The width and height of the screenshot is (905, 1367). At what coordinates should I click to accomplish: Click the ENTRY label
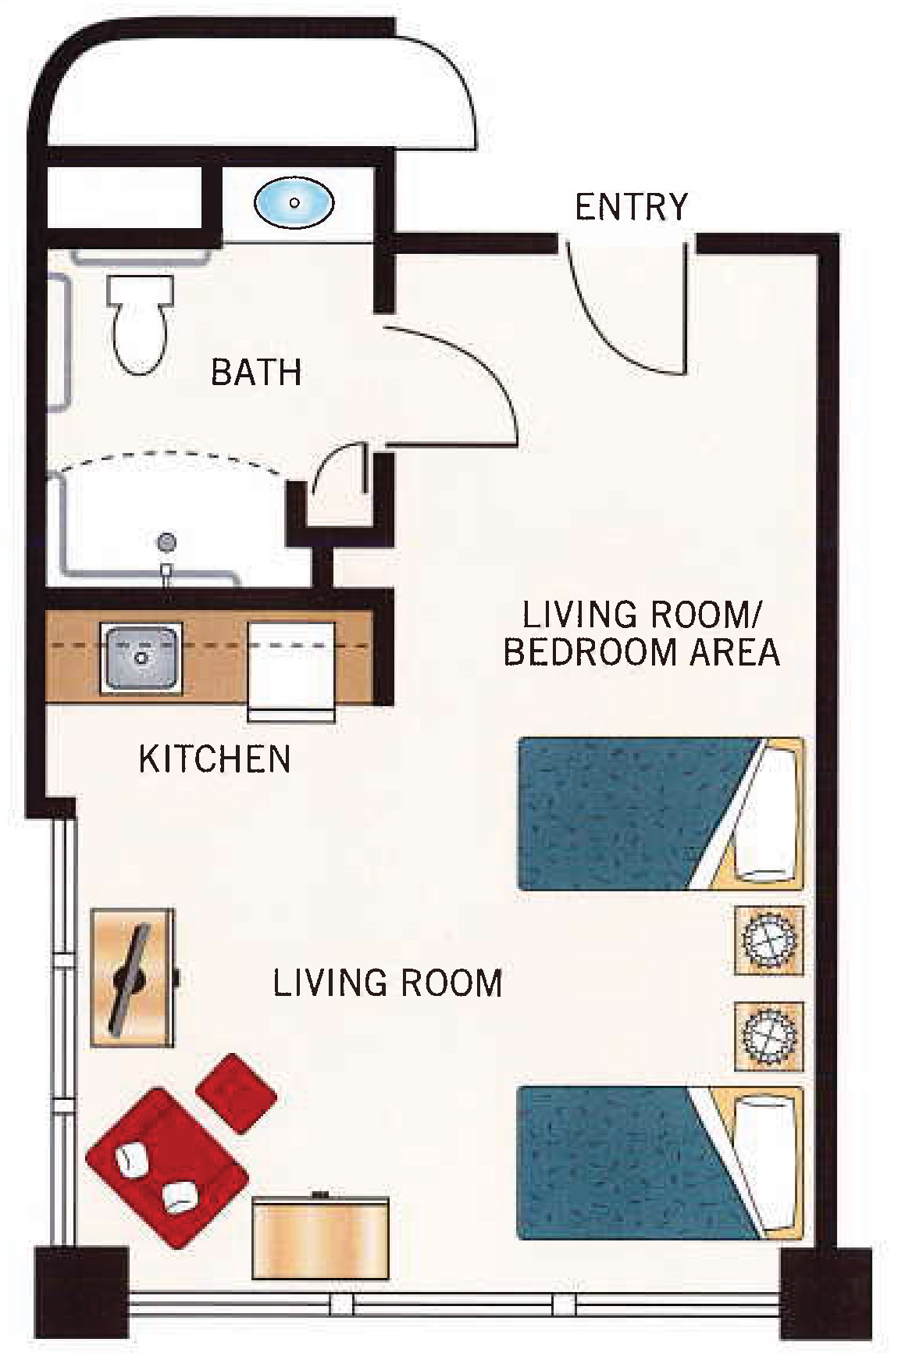click(x=631, y=207)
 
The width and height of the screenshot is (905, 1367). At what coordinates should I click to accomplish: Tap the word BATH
click(x=256, y=372)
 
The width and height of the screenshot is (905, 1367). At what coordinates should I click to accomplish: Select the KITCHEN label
click(x=215, y=759)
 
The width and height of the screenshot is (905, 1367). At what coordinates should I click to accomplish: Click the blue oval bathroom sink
click(x=294, y=202)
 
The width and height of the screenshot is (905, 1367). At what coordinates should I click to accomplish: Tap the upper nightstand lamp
click(x=770, y=941)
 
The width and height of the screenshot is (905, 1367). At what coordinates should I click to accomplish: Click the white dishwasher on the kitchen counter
click(x=291, y=668)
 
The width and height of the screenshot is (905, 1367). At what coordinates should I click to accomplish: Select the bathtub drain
click(x=166, y=541)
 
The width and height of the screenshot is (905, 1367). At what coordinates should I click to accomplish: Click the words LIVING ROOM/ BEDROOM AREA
click(x=640, y=633)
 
